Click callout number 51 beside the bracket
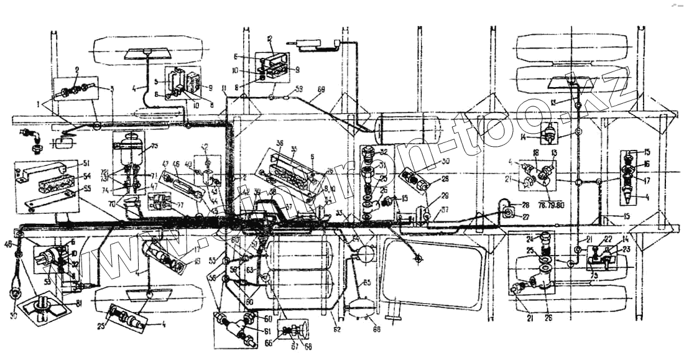tap(86, 164)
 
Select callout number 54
tap(86, 177)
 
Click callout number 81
tap(80, 304)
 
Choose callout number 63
tap(249, 270)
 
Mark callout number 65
tap(367, 283)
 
